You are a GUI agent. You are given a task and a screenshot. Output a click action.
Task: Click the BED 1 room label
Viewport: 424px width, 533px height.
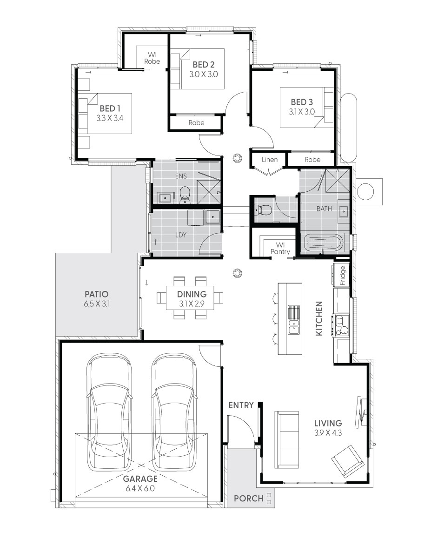tap(110, 108)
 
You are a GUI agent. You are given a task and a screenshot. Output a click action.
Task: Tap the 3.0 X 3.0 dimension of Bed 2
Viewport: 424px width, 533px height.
tap(203, 74)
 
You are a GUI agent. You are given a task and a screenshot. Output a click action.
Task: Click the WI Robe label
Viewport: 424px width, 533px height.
tap(152, 58)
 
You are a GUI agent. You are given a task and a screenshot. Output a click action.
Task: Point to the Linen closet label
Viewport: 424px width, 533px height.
tap(269, 160)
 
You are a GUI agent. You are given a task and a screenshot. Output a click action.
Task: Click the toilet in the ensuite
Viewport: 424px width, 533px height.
tap(185, 196)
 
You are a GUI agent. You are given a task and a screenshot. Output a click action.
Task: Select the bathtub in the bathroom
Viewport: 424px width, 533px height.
tap(324, 243)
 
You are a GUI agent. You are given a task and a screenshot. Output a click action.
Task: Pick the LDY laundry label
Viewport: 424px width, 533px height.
tap(180, 235)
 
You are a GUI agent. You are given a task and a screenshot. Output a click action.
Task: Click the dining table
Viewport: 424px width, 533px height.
tap(190, 298)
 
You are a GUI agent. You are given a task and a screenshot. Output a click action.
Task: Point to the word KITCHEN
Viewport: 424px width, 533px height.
tap(319, 319)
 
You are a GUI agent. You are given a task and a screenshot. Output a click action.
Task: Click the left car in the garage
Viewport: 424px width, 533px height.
tap(108, 412)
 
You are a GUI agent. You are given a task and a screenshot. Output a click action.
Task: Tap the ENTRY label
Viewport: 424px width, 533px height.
tap(241, 405)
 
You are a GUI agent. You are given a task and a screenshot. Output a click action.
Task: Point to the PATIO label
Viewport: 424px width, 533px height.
tap(97, 294)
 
